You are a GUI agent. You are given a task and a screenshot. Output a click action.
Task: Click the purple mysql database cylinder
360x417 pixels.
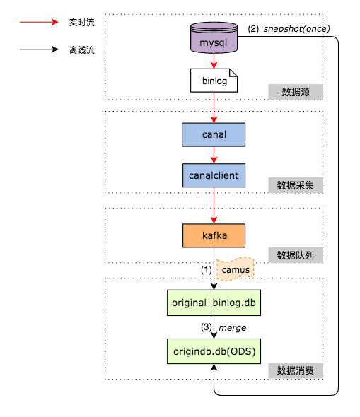214,37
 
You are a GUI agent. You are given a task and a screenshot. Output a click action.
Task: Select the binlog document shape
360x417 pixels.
214,81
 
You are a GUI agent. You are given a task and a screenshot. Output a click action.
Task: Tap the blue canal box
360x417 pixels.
214,134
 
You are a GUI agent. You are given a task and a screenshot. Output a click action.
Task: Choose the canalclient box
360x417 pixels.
214,175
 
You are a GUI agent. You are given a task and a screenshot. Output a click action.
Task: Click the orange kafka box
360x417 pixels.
214,235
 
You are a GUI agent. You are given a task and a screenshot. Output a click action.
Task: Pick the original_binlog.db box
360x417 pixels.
214,303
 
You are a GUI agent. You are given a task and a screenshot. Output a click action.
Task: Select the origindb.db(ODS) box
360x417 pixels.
214,351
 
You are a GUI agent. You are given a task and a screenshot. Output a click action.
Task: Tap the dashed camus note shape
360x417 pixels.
236,269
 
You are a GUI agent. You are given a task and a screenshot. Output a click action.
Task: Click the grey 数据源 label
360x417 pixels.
296,92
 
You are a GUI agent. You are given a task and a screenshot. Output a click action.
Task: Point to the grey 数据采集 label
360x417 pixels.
296,185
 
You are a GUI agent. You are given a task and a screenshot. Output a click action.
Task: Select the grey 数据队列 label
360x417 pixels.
296,255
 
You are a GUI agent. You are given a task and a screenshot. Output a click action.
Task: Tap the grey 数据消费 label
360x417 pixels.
296,370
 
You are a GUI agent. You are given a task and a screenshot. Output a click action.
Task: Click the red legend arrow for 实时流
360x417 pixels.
39,22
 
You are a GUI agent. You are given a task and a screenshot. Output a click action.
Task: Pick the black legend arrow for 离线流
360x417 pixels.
39,49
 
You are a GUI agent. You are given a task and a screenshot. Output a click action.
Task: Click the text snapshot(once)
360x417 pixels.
296,29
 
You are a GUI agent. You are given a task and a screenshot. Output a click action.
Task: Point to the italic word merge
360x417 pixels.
232,328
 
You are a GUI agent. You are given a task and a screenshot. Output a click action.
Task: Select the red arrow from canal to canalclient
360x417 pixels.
214,155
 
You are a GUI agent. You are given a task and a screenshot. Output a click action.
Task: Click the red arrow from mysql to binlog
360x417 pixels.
214,61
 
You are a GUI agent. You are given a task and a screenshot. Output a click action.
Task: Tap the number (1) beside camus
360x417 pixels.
207,270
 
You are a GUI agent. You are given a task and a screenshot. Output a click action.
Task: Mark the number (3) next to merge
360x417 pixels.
207,327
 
